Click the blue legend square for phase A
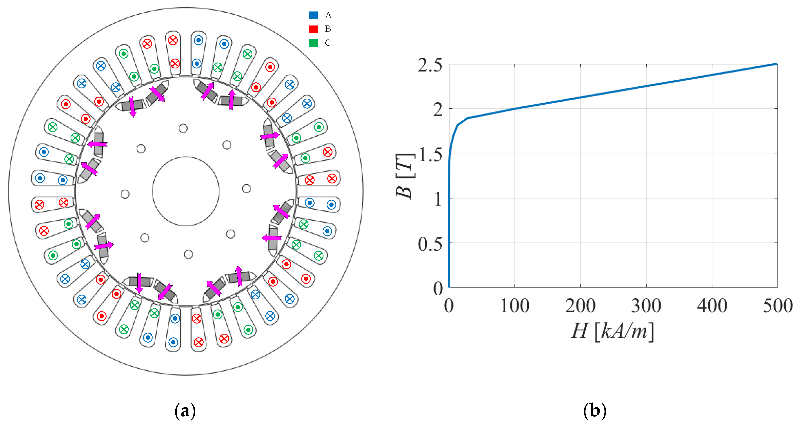313,15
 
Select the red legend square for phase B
313,29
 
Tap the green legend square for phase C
313,43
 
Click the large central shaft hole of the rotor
186,191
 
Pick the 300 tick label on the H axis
646,306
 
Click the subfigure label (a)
185,411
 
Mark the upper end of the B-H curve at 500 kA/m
777,64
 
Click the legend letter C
328,43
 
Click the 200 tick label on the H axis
580,306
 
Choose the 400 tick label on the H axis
712,306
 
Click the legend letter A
328,15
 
